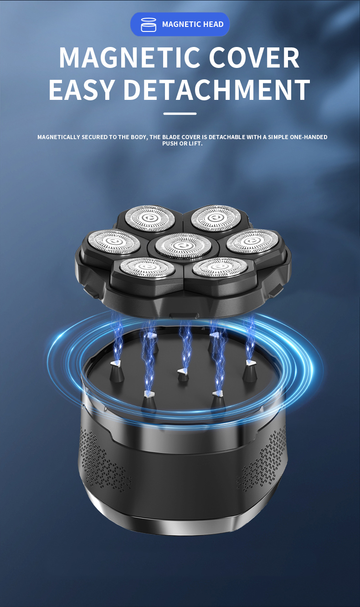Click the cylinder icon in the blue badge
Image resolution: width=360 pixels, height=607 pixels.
[149, 25]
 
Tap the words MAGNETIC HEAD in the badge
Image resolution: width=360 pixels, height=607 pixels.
[193, 24]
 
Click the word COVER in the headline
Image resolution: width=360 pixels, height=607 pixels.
[254, 57]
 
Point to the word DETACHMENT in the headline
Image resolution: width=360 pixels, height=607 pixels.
[216, 89]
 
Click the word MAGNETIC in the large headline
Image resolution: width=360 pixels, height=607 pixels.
[129, 57]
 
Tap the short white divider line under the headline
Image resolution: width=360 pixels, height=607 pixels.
[180, 114]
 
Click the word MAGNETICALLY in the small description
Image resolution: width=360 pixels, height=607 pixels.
[59, 137]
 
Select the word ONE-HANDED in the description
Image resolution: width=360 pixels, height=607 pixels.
[309, 137]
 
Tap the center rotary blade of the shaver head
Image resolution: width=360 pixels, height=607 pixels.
[183, 246]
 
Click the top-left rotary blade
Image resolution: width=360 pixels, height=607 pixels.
[150, 218]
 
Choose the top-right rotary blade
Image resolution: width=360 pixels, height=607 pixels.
[216, 218]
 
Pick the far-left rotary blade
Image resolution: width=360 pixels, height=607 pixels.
[113, 242]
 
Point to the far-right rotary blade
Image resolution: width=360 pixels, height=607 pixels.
[252, 242]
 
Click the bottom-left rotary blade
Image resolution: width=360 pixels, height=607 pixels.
[146, 267]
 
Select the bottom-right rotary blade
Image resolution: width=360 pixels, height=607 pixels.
[220, 267]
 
